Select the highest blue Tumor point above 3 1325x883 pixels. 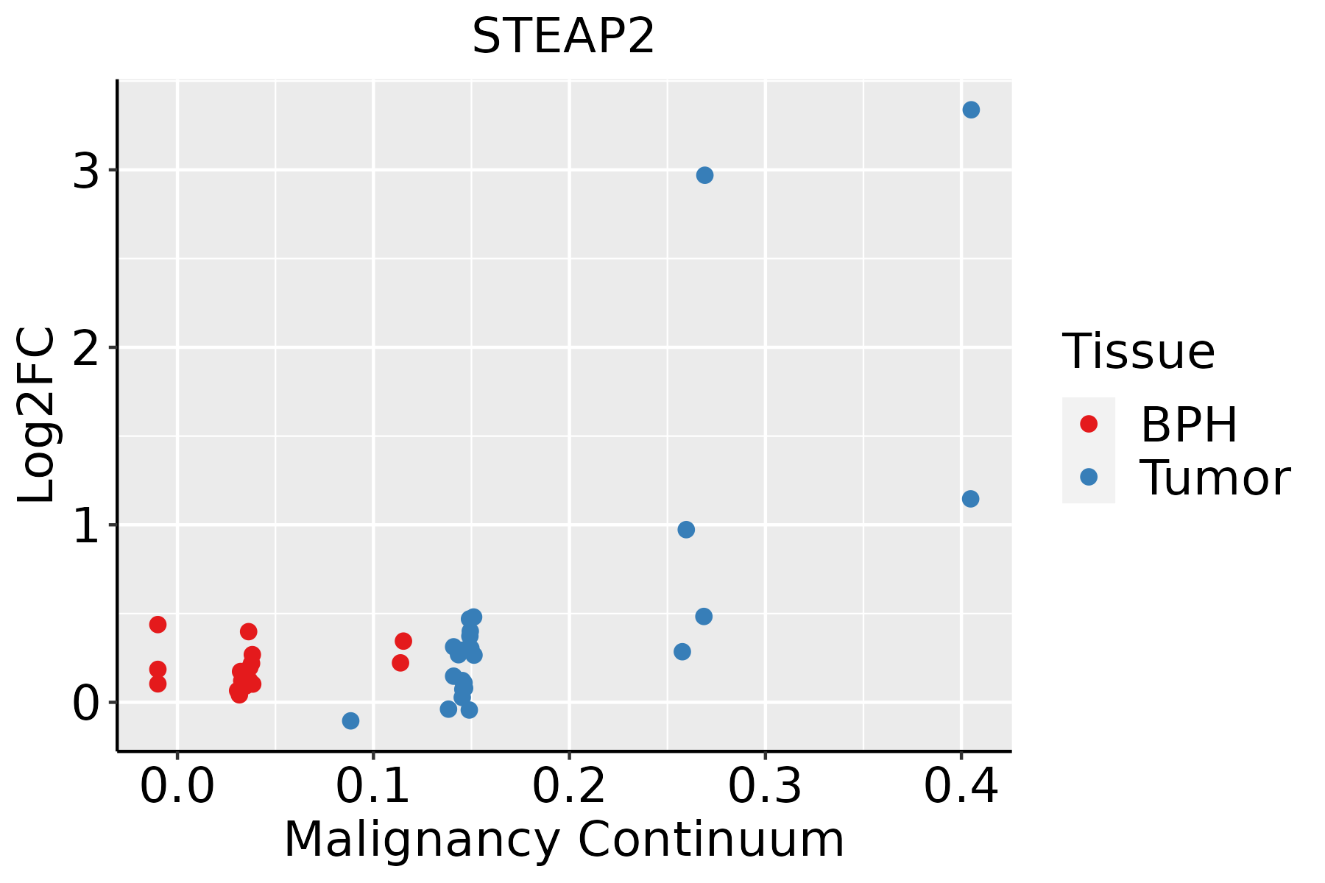tap(971, 110)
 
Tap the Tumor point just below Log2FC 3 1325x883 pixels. tap(704, 175)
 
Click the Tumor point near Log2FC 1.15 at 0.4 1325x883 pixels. tap(970, 499)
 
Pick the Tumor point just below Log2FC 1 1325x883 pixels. tap(686, 530)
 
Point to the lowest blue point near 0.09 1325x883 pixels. tap(350, 720)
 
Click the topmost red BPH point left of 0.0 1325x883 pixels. tap(158, 625)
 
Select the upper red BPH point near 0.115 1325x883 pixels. tap(403, 641)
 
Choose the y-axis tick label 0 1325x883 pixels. tap(86, 704)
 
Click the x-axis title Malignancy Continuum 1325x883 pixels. tap(564, 840)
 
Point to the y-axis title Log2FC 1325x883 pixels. tap(37, 416)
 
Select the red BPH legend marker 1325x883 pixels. tap(1088, 424)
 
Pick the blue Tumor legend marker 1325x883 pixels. tap(1088, 477)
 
